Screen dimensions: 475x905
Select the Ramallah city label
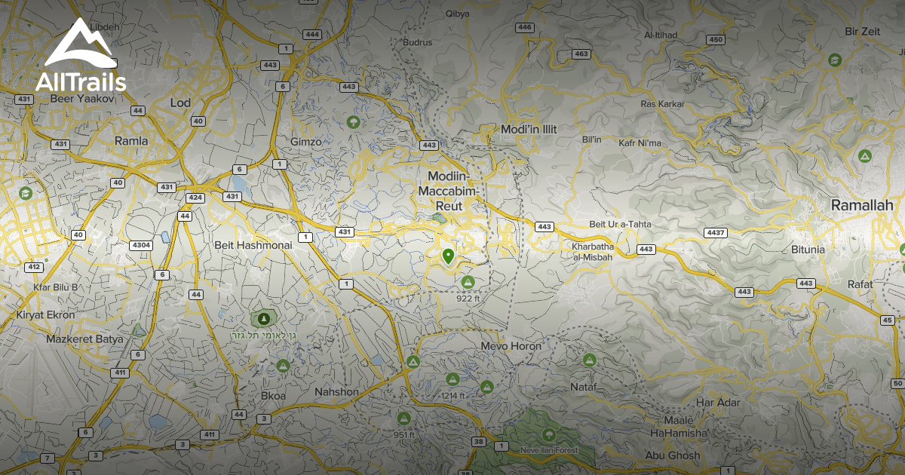click(x=861, y=205)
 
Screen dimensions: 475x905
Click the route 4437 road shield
click(x=716, y=232)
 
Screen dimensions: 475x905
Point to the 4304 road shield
click(x=141, y=245)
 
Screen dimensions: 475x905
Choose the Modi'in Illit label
click(x=529, y=130)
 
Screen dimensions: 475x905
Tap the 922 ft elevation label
click(x=468, y=299)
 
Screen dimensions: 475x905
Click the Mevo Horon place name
click(x=511, y=346)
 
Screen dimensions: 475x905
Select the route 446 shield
click(x=525, y=28)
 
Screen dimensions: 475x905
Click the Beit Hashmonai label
click(x=253, y=245)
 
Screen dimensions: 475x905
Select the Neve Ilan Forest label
click(x=548, y=451)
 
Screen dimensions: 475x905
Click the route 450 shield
click(x=716, y=40)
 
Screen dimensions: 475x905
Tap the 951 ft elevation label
click(x=404, y=435)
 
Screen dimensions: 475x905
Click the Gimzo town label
click(x=305, y=142)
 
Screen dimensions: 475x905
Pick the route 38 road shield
click(x=478, y=442)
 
